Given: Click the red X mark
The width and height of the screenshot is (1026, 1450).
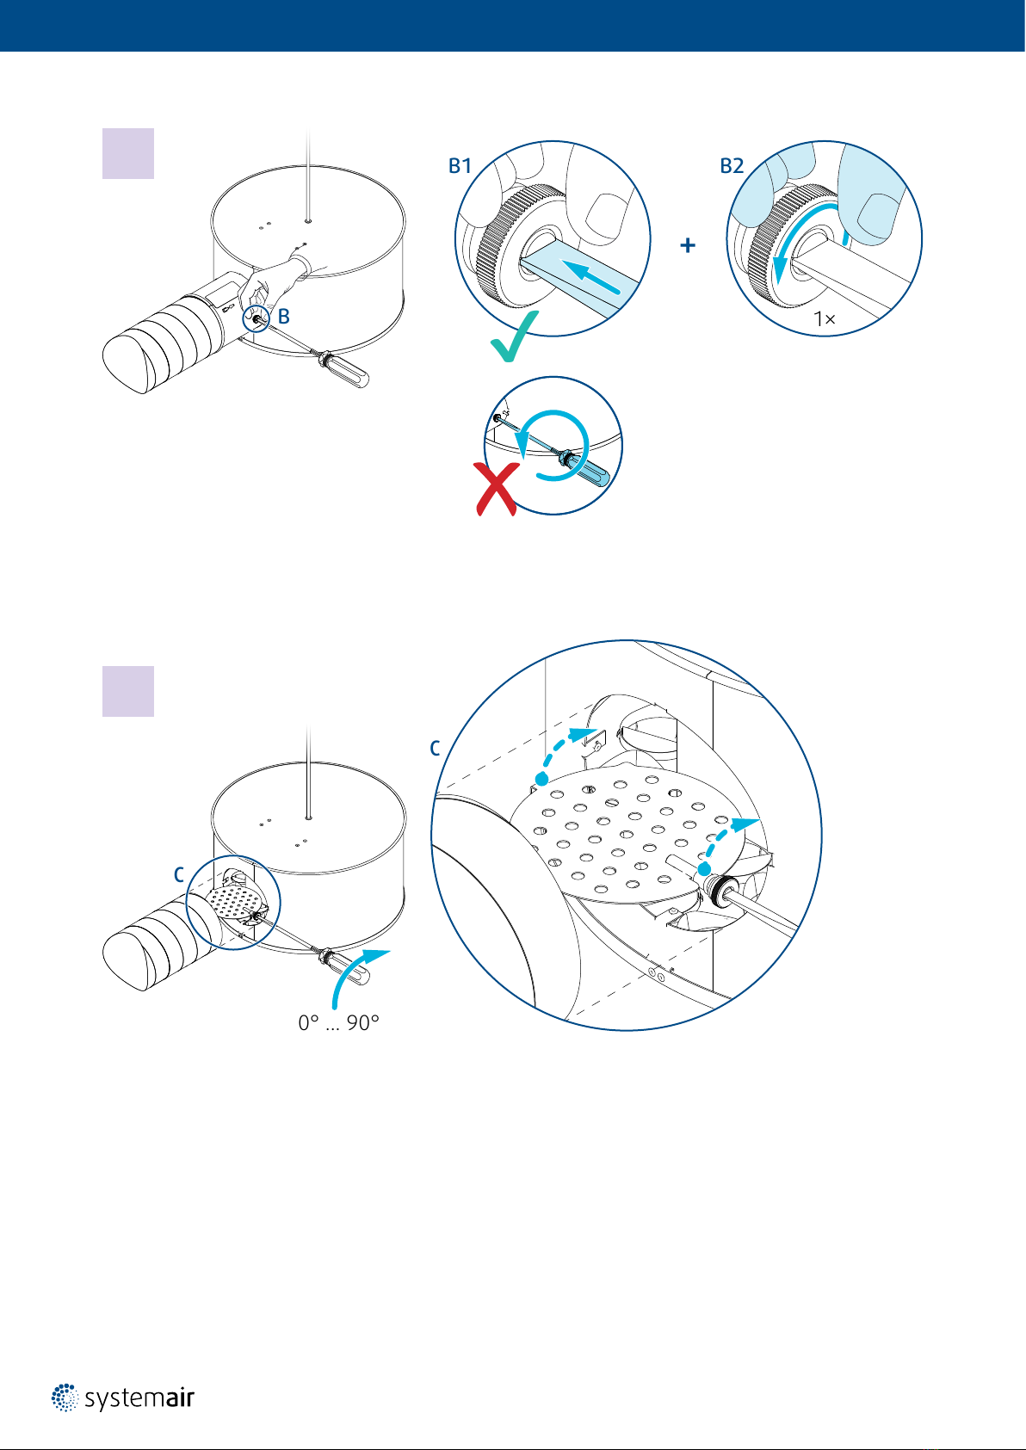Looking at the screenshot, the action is point(497,490).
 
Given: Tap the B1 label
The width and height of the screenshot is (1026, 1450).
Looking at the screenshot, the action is point(460,166).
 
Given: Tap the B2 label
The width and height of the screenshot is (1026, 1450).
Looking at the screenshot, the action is point(732,166).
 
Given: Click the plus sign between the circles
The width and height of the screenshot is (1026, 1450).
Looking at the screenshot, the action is point(688,245).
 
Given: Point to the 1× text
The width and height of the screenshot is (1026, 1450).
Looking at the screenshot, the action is point(825,319).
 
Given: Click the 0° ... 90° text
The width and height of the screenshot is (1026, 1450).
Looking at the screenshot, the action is point(338,1023).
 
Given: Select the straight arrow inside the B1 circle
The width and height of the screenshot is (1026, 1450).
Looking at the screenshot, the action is point(590,276).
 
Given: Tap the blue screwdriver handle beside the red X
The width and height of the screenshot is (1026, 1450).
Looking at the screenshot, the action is point(591,471).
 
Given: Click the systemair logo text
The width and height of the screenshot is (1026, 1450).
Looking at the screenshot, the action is point(139,1399).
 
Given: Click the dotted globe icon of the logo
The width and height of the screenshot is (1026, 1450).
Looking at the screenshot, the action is point(65,1398).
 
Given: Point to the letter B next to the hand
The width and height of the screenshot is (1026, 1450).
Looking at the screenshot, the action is point(283,317).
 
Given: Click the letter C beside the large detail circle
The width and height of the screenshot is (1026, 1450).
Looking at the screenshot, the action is point(435,749).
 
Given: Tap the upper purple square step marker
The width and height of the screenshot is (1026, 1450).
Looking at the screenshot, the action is point(128,153).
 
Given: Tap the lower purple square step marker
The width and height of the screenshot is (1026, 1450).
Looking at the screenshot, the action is point(128,691).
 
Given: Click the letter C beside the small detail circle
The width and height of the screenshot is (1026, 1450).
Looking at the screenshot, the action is point(179,875).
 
